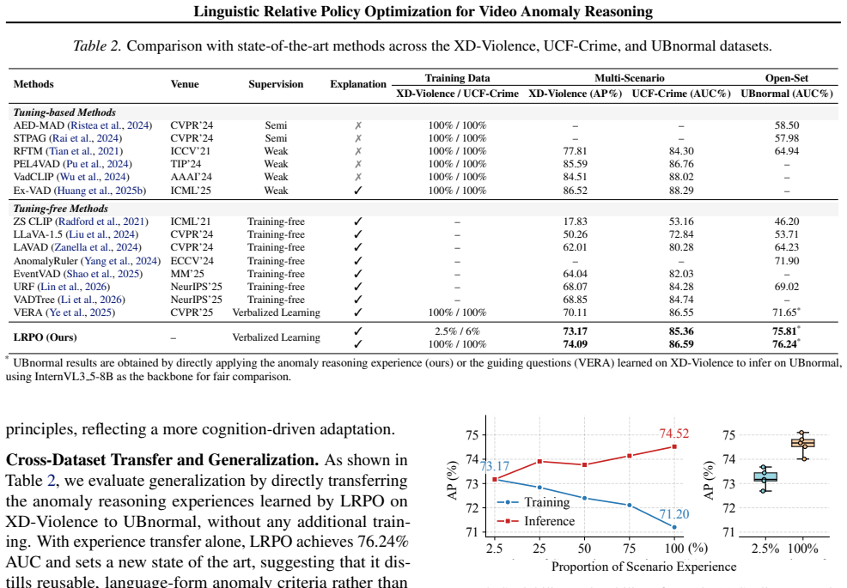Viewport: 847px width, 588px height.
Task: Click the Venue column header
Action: click(184, 84)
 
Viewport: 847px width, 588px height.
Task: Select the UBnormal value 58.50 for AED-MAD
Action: click(787, 125)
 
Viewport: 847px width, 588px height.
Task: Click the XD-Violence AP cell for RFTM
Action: click(575, 151)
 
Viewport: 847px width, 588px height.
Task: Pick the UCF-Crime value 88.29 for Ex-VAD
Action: click(681, 191)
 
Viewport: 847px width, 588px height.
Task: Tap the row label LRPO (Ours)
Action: click(45, 337)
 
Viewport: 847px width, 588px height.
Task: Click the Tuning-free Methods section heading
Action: click(60, 209)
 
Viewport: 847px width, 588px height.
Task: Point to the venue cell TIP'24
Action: click(186, 164)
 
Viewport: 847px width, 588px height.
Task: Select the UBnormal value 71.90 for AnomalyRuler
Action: click(787, 261)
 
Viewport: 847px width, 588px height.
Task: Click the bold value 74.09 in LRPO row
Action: click(575, 344)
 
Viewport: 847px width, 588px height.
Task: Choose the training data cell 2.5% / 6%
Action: click(457, 331)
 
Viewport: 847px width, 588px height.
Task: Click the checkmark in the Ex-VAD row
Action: click(357, 191)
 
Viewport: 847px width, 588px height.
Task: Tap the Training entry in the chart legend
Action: click(533, 502)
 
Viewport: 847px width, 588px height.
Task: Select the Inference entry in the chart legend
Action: click(536, 521)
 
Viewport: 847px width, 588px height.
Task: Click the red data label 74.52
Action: click(673, 433)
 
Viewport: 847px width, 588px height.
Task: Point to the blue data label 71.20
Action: click(673, 514)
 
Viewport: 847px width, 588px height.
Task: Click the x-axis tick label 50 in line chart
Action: click(584, 549)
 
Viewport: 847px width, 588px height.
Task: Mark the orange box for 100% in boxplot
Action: click(802, 443)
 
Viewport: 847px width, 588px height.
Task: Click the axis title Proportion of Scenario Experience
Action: click(643, 567)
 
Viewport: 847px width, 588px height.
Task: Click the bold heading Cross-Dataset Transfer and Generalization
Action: click(162, 460)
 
